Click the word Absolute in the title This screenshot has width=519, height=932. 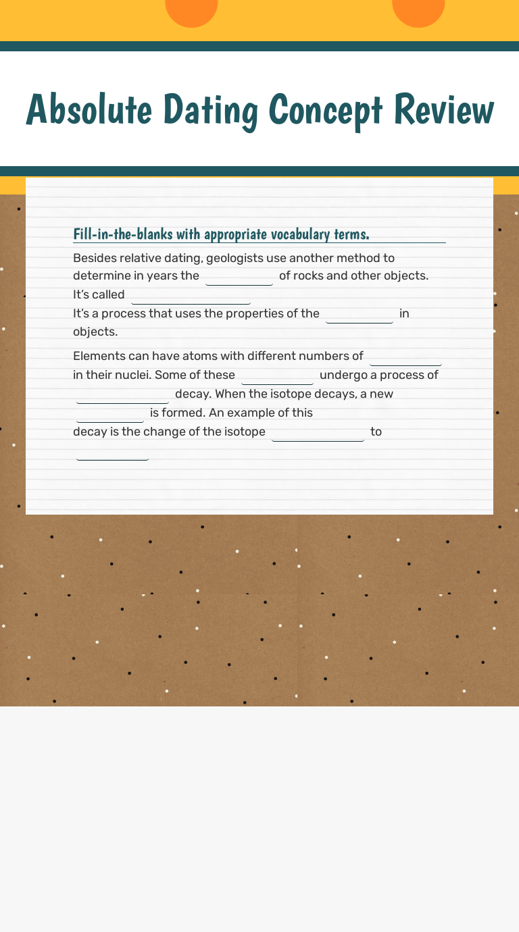pyautogui.click(x=89, y=109)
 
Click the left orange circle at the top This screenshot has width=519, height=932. pyautogui.click(x=191, y=11)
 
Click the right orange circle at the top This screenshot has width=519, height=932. pyautogui.click(x=418, y=11)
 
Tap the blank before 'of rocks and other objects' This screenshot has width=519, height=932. pyautogui.click(x=239, y=277)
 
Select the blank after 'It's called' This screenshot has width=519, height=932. pyautogui.click(x=191, y=296)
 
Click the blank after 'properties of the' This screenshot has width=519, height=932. pyautogui.click(x=360, y=315)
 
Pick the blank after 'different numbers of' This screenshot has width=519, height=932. pyautogui.click(x=405, y=357)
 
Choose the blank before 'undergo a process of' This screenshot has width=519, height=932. pyautogui.click(x=277, y=376)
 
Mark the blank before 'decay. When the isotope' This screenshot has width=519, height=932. pyautogui.click(x=122, y=395)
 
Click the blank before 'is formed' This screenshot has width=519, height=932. pyautogui.click(x=110, y=414)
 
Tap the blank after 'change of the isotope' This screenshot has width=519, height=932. pyautogui.click(x=318, y=433)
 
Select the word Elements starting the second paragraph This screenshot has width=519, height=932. pyautogui.click(x=97, y=356)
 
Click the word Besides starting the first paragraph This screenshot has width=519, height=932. pyautogui.click(x=95, y=258)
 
